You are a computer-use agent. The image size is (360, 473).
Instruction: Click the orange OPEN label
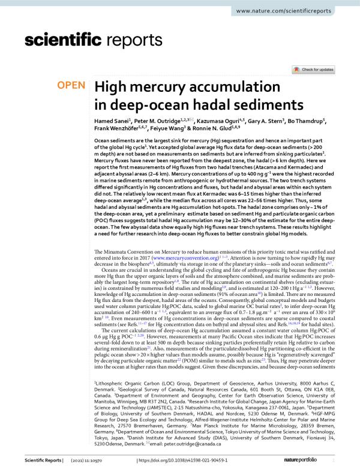[x=71, y=86]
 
